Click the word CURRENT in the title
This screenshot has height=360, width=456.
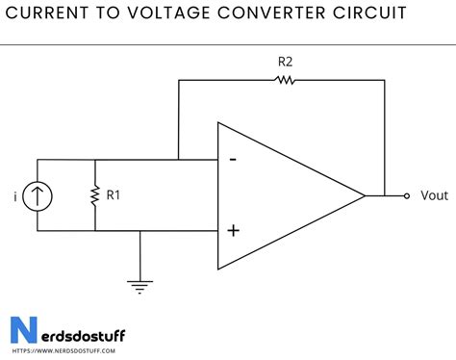click(47, 13)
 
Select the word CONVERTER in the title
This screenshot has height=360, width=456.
click(281, 13)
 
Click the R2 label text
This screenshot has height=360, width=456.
click(285, 62)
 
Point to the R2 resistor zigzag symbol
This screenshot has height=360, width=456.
click(286, 81)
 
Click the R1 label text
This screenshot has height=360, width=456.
click(114, 195)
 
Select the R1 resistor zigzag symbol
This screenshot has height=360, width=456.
click(95, 195)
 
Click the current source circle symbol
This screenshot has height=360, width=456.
click(38, 195)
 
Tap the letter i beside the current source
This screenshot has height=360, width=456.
click(14, 196)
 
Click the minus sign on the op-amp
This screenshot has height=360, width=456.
click(232, 160)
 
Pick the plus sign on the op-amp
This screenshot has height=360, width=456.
click(232, 231)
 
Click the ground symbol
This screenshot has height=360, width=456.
click(140, 284)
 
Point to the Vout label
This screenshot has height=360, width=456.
click(434, 195)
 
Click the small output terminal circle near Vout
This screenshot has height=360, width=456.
click(408, 195)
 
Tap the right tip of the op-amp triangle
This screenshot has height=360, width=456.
click(365, 195)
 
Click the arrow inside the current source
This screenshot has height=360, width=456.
click(38, 195)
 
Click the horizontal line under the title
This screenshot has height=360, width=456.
click(228, 44)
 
